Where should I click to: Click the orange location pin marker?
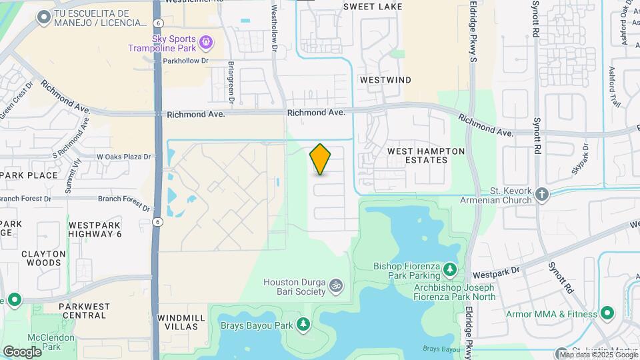(320, 159)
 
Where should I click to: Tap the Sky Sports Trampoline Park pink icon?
(207, 42)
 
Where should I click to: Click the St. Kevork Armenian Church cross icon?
(542, 194)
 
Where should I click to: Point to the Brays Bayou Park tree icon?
(303, 325)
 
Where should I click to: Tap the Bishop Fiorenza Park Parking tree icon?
(451, 268)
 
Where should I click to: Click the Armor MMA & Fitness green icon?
(607, 313)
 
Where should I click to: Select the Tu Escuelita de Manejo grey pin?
(44, 17)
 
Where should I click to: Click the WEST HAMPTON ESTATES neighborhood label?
(427, 156)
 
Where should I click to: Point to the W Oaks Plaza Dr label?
(124, 157)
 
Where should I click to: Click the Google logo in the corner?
(22, 351)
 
